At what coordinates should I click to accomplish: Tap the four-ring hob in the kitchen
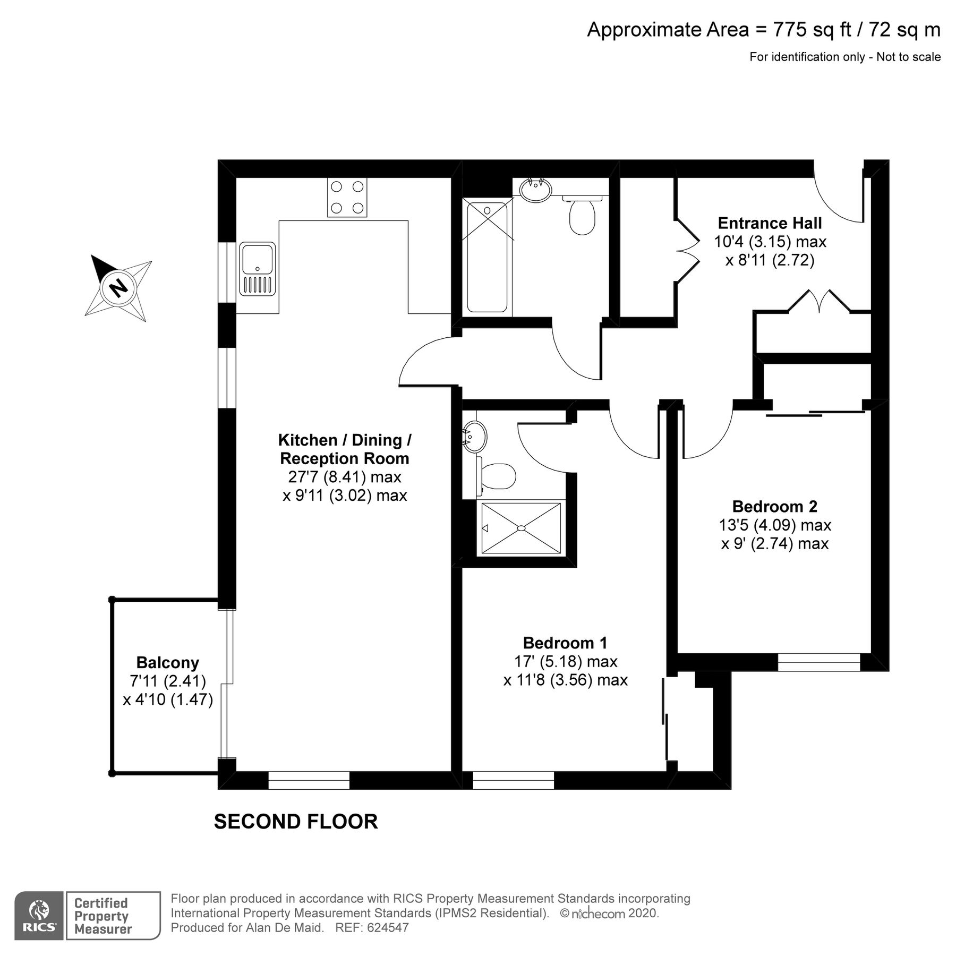(347, 197)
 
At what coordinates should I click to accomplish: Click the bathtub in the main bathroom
(486, 257)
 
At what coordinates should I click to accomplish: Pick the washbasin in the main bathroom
(535, 189)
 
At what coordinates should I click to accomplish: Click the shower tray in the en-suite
(521, 528)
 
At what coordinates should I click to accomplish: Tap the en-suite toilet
(496, 476)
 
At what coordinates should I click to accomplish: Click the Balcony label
(168, 662)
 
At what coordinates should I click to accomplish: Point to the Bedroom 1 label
(565, 643)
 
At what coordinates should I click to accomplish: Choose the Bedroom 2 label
(774, 506)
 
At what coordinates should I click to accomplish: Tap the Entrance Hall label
(770, 223)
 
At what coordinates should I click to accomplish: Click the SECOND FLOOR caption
(296, 821)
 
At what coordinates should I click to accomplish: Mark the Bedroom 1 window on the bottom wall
(513, 780)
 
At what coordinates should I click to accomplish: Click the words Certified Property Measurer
(101, 916)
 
